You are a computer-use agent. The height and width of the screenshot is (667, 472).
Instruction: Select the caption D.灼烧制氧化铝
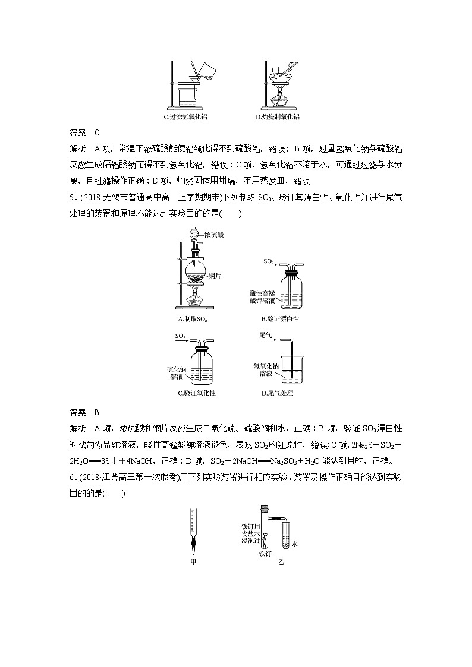pyautogui.click(x=277, y=117)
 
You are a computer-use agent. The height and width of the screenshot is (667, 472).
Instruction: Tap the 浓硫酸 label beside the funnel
pyautogui.click(x=214, y=235)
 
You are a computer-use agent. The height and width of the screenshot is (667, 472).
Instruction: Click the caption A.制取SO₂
pyautogui.click(x=193, y=319)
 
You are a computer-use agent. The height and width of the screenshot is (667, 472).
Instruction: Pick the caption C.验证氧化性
pyautogui.click(x=196, y=393)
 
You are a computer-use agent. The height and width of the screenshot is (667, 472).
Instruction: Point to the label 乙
pyautogui.click(x=281, y=561)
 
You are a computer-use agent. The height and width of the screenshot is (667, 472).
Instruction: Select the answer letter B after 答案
pyautogui.click(x=96, y=412)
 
